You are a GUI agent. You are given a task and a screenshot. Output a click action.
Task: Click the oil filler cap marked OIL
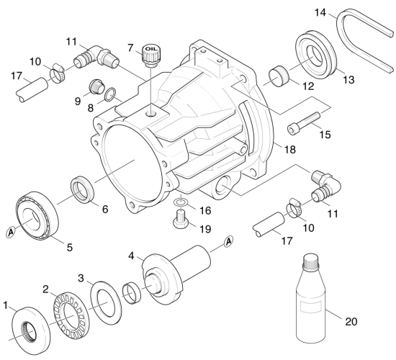click(x=152, y=55)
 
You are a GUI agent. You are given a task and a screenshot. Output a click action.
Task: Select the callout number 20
click(x=351, y=322)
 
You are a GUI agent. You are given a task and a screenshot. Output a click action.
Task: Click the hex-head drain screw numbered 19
click(x=181, y=220)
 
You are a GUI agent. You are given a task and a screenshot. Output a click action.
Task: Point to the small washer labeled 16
click(x=181, y=202)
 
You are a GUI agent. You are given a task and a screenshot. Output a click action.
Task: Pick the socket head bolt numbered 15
click(x=304, y=122)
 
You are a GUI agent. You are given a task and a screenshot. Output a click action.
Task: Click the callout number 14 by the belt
click(x=320, y=12)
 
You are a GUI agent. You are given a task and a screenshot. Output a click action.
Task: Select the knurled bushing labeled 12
click(x=279, y=76)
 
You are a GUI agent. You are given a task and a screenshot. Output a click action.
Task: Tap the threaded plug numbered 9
click(x=97, y=86)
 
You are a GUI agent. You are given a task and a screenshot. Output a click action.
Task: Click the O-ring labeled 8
click(x=110, y=94)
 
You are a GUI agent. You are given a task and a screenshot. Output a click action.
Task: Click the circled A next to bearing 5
click(x=10, y=231)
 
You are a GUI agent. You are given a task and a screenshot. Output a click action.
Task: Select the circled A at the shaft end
click(x=228, y=241)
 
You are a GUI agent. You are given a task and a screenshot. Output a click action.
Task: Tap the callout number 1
click(x=6, y=305)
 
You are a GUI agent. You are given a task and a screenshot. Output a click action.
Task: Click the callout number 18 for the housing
click(x=290, y=149)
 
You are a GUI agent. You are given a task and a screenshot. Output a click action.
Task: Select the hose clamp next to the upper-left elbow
click(x=57, y=73)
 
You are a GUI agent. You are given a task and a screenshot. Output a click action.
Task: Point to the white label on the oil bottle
click(x=310, y=307)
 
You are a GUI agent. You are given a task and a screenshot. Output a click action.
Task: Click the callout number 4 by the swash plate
click(x=131, y=256)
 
